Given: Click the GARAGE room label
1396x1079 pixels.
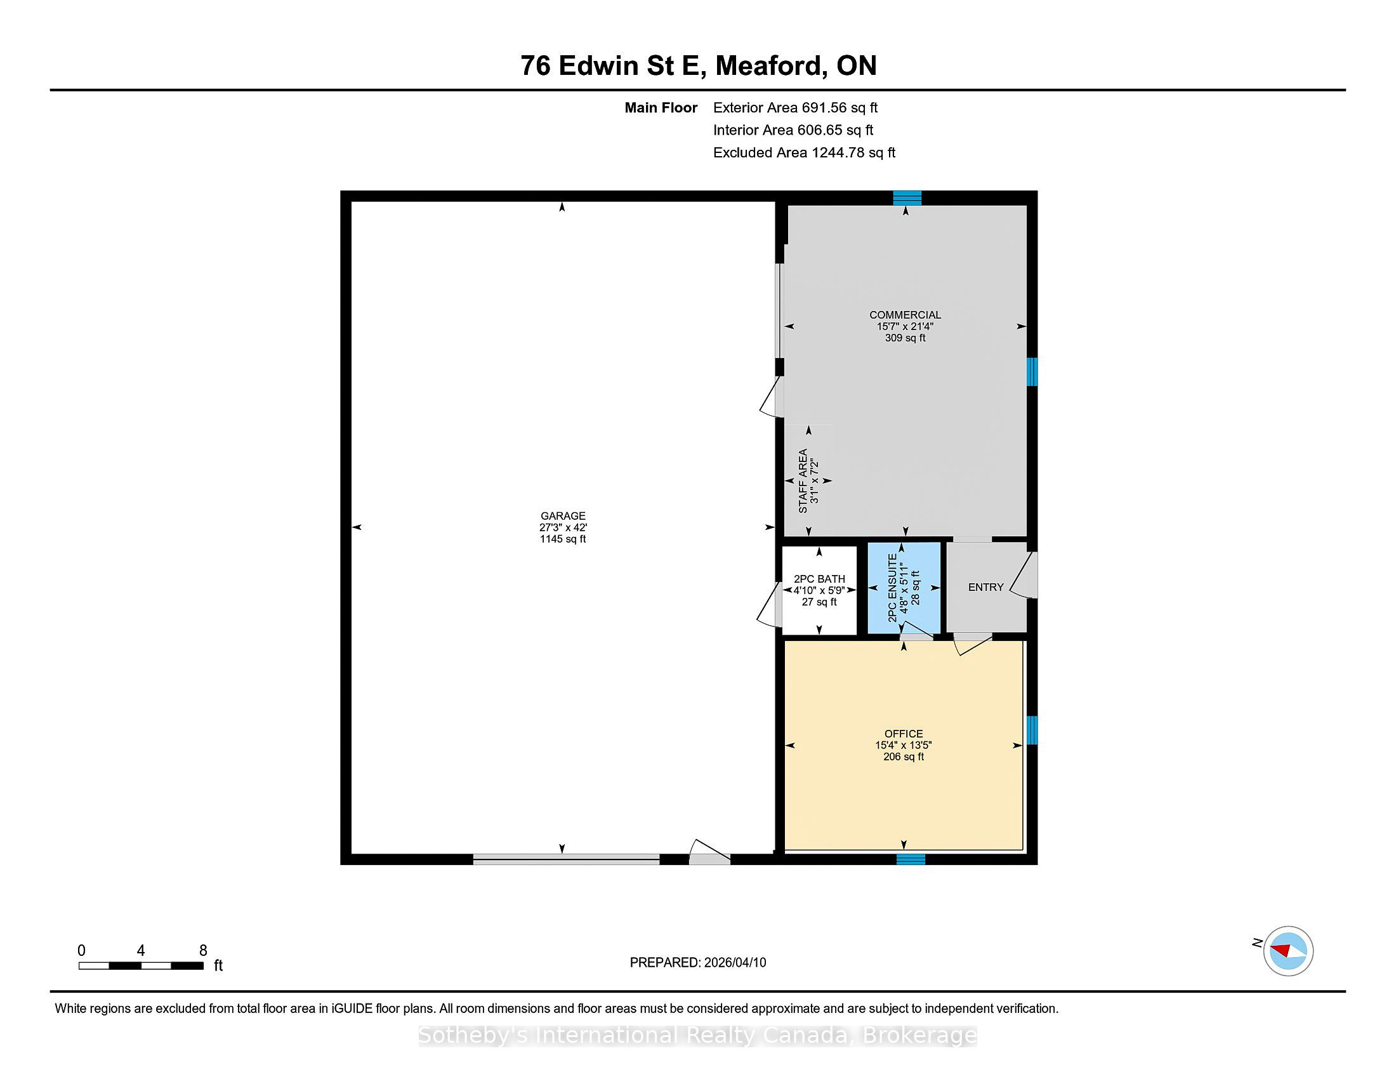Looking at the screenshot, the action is point(562,516).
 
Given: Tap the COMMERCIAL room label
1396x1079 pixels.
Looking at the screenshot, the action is point(905,314).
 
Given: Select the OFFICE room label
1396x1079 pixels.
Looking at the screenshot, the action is point(904,734).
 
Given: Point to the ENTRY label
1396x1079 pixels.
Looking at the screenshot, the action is point(985,588).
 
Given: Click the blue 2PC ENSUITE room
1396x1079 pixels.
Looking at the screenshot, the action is point(904,588).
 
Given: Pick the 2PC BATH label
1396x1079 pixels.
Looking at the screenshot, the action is point(819,579).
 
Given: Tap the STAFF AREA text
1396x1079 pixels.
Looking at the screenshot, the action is point(803,480).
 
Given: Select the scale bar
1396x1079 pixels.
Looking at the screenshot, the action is point(142,965).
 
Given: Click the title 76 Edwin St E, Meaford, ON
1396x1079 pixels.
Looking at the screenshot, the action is point(698,65).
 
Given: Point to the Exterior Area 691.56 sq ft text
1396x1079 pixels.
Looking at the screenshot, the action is point(795,107).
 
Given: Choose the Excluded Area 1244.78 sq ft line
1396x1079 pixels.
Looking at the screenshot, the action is point(804,152).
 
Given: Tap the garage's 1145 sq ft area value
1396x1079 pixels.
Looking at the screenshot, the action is point(562,539).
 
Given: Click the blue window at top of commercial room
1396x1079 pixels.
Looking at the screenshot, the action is point(907,197).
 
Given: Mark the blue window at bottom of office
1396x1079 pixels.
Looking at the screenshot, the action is point(910,859).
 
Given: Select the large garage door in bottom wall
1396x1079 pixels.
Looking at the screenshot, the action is point(566,860).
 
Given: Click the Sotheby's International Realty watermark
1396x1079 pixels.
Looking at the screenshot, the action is point(698,1035).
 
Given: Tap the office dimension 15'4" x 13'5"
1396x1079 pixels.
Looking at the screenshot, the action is point(904,745).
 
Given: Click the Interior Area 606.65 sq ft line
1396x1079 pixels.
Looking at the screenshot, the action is point(793,129).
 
